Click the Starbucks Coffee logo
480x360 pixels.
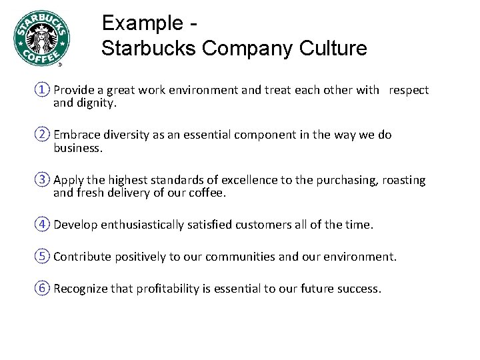tap(41, 39)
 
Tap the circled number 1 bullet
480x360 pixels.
tap(44, 89)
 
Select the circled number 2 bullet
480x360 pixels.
tap(44, 135)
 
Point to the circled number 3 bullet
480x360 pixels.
tap(44, 180)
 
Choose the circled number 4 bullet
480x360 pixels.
tap(44, 225)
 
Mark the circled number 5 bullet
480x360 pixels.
tap(44, 257)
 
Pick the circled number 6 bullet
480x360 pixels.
tap(44, 289)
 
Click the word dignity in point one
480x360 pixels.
tap(97, 103)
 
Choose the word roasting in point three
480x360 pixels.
tap(403, 181)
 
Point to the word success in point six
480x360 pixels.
tap(359, 289)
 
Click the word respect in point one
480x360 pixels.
tap(409, 90)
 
